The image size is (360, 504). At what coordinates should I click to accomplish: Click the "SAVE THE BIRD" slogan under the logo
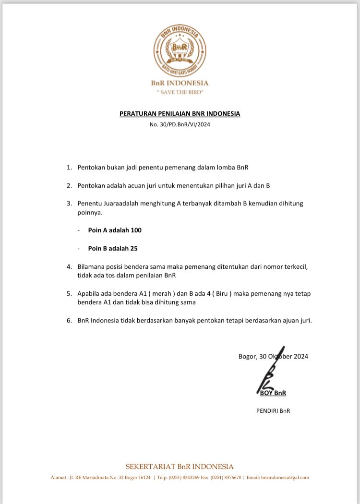(180, 92)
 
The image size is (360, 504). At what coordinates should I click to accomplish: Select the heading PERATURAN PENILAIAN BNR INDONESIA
(180, 114)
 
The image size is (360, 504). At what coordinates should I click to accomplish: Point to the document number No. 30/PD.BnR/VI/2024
(180, 124)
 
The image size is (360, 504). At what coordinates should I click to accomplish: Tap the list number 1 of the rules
(69, 168)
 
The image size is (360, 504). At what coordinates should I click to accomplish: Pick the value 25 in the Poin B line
(134, 249)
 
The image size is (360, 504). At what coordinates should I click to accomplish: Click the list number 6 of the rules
(69, 321)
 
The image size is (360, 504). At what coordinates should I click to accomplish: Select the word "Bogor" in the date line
(248, 356)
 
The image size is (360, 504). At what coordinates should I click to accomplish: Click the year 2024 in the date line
(300, 356)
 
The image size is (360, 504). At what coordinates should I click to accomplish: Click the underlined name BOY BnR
(273, 393)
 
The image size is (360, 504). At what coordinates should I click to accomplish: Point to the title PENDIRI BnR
(273, 411)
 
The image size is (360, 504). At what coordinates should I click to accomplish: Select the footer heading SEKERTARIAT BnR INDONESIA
(180, 467)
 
